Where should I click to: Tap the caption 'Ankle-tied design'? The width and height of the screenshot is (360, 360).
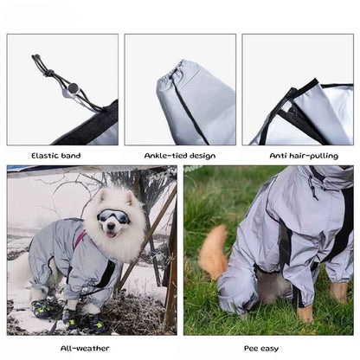pyautogui.click(x=179, y=156)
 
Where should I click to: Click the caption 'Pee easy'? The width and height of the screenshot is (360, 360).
pyautogui.click(x=261, y=348)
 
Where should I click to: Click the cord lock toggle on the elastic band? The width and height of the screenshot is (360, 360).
pyautogui.click(x=73, y=87)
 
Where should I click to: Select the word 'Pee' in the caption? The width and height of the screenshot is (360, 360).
pyautogui.click(x=250, y=348)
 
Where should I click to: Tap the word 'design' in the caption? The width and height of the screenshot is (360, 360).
pyautogui.click(x=202, y=156)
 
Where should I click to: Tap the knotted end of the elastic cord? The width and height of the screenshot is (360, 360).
pyautogui.click(x=37, y=60)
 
